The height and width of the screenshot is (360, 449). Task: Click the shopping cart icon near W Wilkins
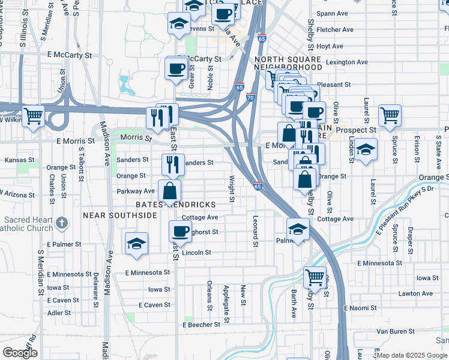(x=33, y=116)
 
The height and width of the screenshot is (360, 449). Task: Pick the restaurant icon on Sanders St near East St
(x=172, y=164)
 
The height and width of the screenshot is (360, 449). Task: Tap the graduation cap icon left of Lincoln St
(x=136, y=244)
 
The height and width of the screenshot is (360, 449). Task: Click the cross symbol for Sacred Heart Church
(x=61, y=223)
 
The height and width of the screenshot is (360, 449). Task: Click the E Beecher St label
(x=202, y=325)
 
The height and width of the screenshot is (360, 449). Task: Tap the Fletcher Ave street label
(x=335, y=29)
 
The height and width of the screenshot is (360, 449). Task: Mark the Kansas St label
(x=17, y=160)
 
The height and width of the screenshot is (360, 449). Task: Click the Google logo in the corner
(x=20, y=353)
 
